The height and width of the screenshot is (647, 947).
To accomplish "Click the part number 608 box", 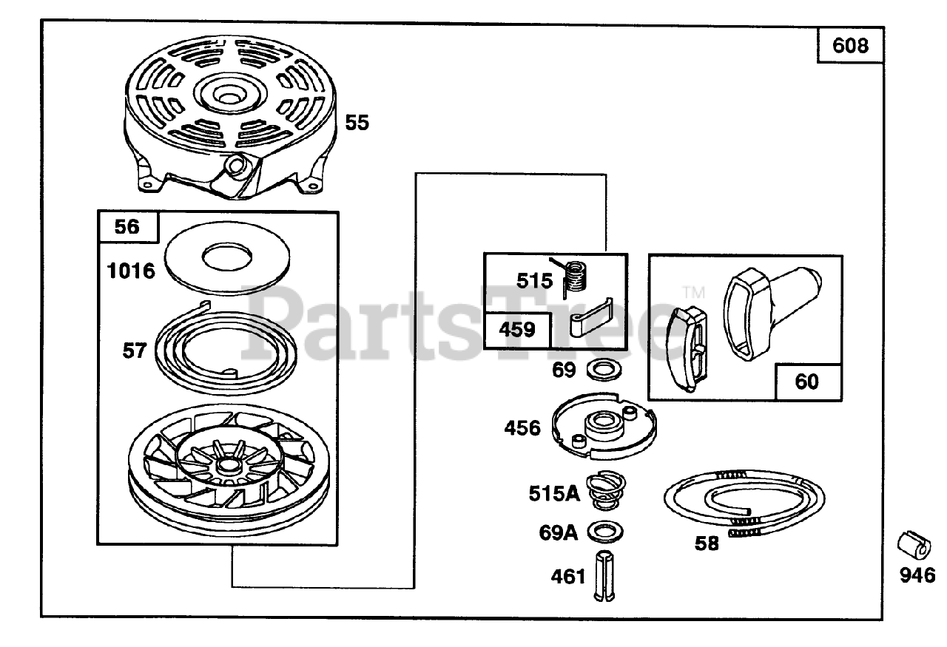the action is click(x=850, y=47).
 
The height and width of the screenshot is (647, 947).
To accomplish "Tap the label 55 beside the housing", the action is click(x=357, y=123).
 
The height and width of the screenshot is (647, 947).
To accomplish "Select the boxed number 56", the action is click(x=127, y=227).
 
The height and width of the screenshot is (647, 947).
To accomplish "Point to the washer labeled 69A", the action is click(x=604, y=531).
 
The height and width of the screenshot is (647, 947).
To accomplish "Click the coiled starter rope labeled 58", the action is click(x=744, y=502).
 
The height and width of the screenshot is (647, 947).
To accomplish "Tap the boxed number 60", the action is click(x=807, y=382).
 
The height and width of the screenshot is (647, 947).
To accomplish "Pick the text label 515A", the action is click(x=553, y=493).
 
